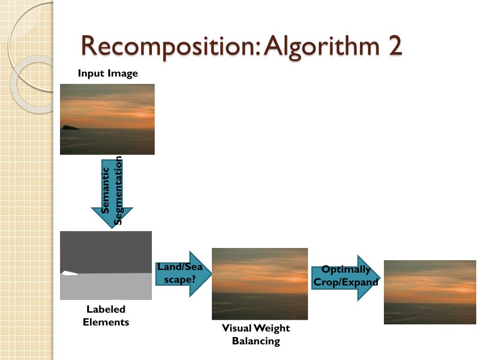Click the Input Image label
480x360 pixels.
click(x=108, y=73)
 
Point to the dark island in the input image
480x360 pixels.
click(x=70, y=127)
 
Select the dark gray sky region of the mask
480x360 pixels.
click(x=106, y=251)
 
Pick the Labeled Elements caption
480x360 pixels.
click(x=106, y=315)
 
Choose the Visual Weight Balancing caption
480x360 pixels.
click(x=255, y=334)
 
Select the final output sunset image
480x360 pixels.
click(x=430, y=292)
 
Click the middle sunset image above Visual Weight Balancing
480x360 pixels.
click(x=260, y=284)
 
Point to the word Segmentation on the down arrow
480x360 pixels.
click(x=118, y=190)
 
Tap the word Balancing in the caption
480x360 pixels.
click(x=255, y=341)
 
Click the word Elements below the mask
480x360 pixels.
click(x=106, y=322)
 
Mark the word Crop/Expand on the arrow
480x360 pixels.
click(x=345, y=282)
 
